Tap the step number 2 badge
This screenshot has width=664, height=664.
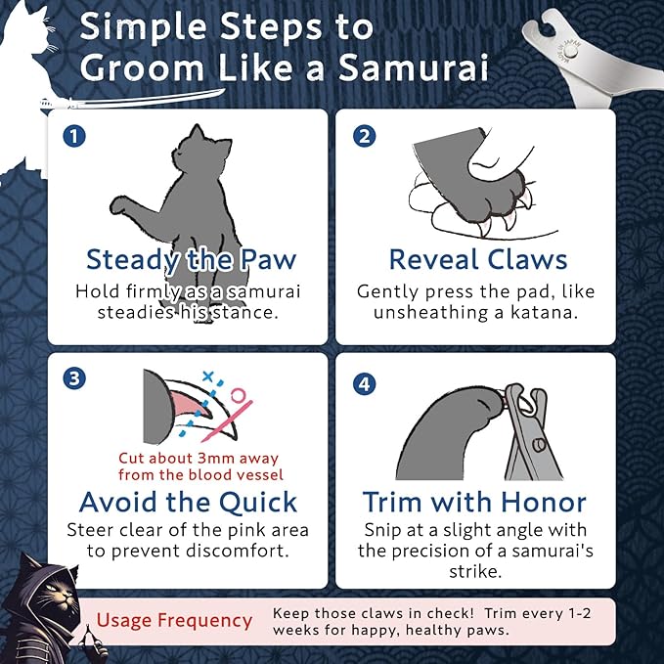coord(362,136)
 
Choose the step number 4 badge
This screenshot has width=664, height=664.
coord(362,383)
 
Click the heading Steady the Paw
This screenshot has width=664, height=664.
coord(191,260)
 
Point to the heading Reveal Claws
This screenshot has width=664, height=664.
coord(477,260)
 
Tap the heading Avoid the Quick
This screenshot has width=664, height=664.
coord(188,503)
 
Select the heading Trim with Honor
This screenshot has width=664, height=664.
coord(474,503)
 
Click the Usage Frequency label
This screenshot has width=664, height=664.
coord(173,621)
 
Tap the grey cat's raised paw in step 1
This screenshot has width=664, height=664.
coord(122,205)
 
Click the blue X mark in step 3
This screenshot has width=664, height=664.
coord(207,377)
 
